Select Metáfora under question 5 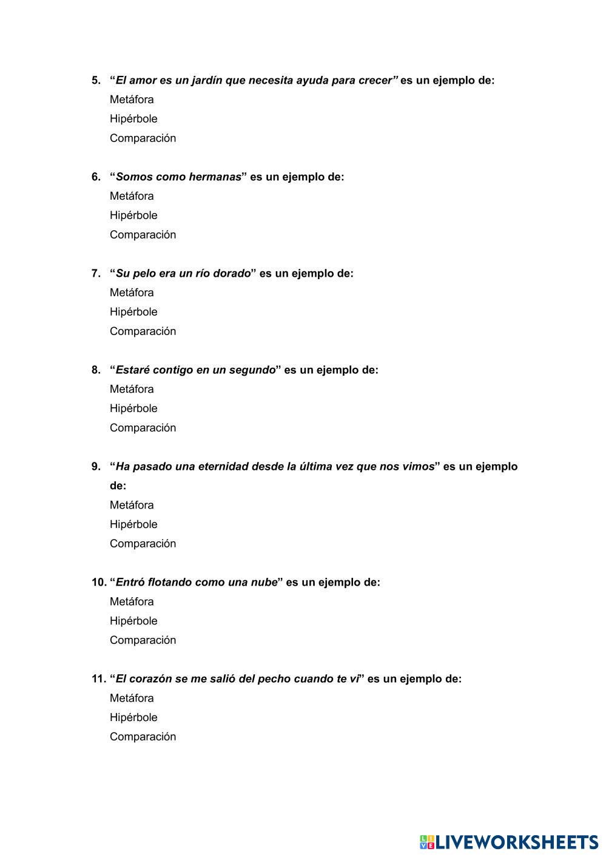pos(132,100)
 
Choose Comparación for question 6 pos(143,235)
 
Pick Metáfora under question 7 pos(132,293)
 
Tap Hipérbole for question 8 pos(133,408)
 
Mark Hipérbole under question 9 pos(133,524)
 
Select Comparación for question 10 pos(143,640)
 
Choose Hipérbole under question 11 pos(133,717)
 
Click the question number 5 pos(96,80)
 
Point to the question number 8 pos(96,370)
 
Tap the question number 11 pos(98,679)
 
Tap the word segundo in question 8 pos(252,370)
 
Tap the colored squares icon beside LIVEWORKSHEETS pos(427,842)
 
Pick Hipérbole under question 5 pos(133,119)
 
